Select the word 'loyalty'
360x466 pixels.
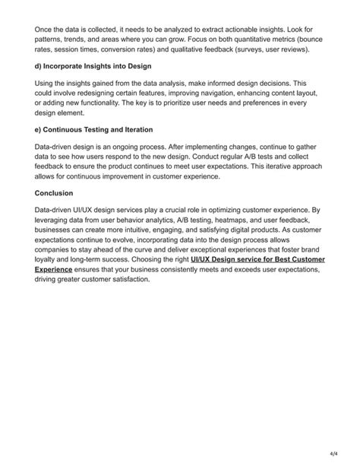click(x=50, y=259)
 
